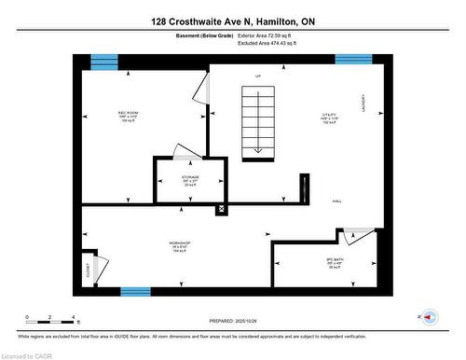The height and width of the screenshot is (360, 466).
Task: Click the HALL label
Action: coord(337,201)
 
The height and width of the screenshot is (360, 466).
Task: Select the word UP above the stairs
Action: coord(258,76)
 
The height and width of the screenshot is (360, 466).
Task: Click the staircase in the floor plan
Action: coord(257,120)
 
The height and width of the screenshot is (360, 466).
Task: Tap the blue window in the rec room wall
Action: coord(104,62)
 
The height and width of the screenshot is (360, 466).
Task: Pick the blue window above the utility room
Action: coord(353,61)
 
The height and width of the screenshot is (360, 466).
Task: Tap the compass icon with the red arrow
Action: coord(428,316)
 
